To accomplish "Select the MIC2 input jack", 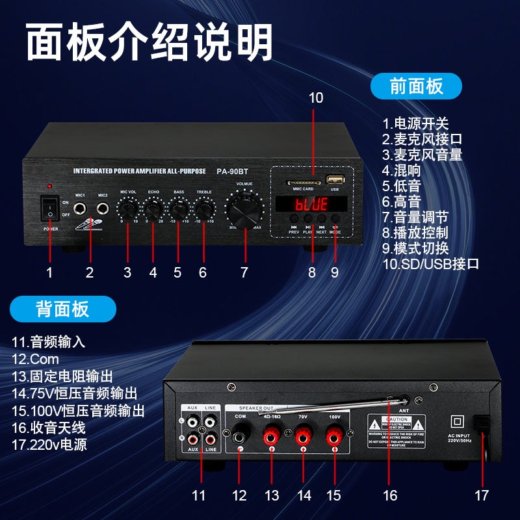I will [102, 209].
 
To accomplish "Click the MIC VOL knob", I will [127, 209].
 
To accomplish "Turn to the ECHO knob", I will [153, 209].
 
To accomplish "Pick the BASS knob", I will [178, 209].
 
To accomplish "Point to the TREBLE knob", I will [203, 209].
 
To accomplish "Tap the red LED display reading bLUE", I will [311, 204].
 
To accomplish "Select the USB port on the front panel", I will [335, 179].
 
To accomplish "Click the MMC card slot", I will [303, 180].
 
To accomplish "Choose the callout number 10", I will [315, 98].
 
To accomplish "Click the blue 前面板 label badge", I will [416, 86].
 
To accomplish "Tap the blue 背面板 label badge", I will [63, 309].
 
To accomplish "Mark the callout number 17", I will [481, 495].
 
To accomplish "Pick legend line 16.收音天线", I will [49, 428].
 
